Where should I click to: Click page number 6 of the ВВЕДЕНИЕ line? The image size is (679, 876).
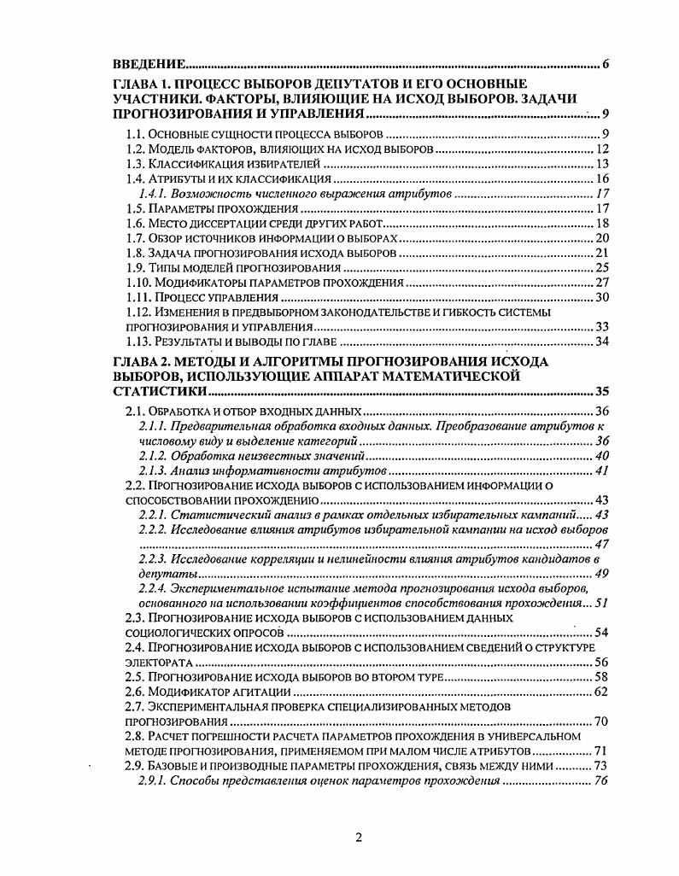(x=605, y=65)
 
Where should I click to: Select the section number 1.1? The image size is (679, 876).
(x=134, y=134)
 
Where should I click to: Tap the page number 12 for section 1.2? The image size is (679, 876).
(x=600, y=149)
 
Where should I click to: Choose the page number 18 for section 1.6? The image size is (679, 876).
(x=600, y=225)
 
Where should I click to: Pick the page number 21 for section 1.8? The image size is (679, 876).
(x=600, y=254)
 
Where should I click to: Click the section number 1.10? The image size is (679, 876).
(x=138, y=283)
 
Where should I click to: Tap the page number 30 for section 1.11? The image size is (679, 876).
(x=600, y=298)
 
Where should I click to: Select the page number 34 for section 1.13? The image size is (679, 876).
(x=600, y=342)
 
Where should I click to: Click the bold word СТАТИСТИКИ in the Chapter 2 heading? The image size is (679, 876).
(x=160, y=391)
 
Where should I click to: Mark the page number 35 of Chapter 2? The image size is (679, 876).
(x=600, y=391)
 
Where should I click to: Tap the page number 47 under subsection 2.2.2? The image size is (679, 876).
(x=600, y=545)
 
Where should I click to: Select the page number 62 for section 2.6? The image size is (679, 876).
(x=600, y=692)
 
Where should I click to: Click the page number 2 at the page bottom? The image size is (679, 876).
(x=359, y=837)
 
